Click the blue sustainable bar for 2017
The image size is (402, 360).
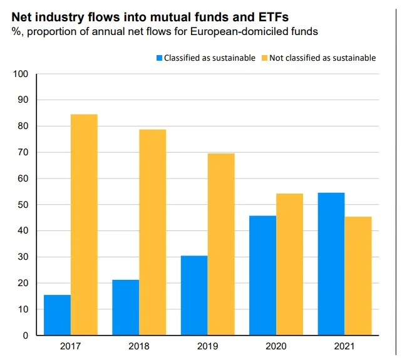pos(57,315)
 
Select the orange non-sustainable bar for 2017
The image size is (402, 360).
pos(84,225)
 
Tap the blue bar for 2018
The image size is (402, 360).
pos(125,307)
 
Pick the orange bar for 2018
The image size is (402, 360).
pos(152,232)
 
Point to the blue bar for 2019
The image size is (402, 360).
pos(194,296)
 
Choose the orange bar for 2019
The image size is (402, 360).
pos(221,244)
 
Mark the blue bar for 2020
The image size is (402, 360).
pos(262,275)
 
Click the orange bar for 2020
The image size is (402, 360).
pos(289,264)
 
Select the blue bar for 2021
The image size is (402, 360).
pos(331,264)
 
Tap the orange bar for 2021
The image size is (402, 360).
pos(358,275)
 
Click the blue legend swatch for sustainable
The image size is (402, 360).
pos(160,58)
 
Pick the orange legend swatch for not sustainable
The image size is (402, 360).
pos(264,58)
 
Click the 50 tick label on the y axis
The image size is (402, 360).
pos(23,205)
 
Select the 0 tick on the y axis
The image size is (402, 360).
pos(26,336)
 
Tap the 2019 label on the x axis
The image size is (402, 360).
pos(208,346)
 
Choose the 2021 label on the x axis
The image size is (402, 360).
pos(344,346)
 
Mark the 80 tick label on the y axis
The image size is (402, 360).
pos(23,126)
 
